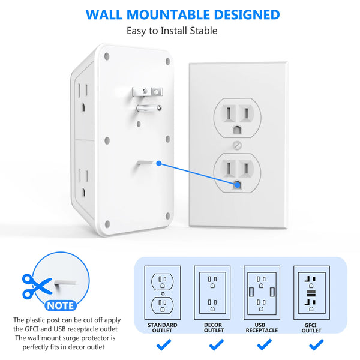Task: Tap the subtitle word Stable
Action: click(x=203, y=31)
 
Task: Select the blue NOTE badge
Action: click(x=61, y=305)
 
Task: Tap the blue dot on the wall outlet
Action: click(x=237, y=187)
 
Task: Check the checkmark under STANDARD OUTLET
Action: click(x=162, y=345)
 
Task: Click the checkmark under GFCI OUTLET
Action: click(x=311, y=345)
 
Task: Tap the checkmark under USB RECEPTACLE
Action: click(x=262, y=345)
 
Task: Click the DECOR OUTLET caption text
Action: click(x=212, y=328)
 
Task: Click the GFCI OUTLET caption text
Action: click(x=311, y=328)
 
